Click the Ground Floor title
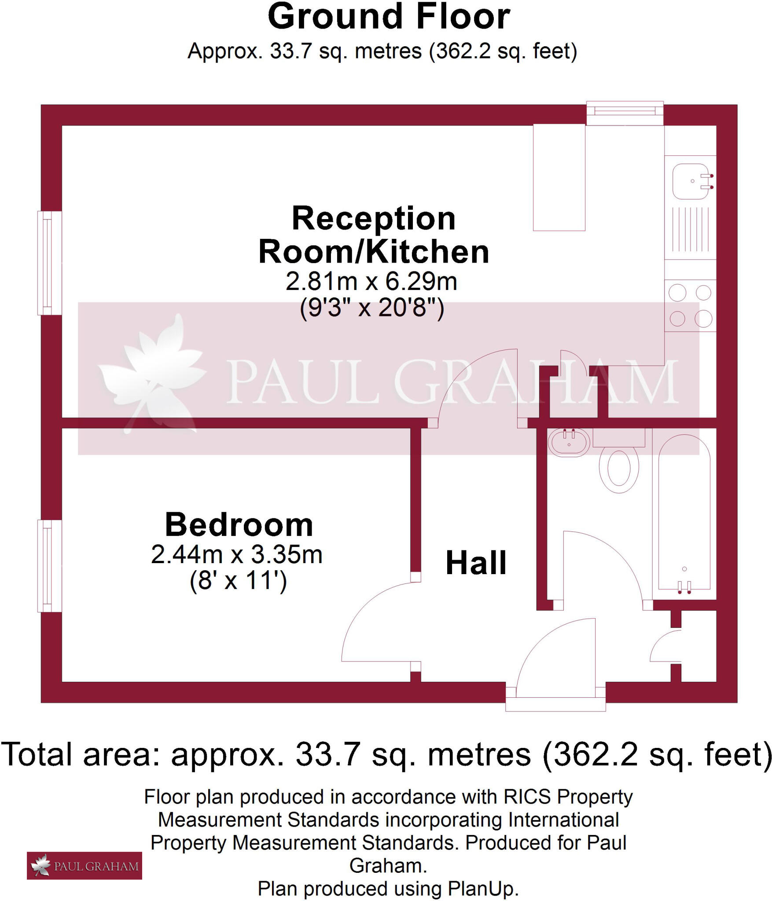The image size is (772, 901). (389, 18)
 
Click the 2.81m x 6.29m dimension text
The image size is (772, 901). (371, 282)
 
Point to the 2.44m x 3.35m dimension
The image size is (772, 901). (237, 555)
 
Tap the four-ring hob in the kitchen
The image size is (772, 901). (690, 305)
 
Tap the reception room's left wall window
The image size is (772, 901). (49, 263)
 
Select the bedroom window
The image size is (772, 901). (49, 566)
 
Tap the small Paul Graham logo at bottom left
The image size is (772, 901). (84, 866)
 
